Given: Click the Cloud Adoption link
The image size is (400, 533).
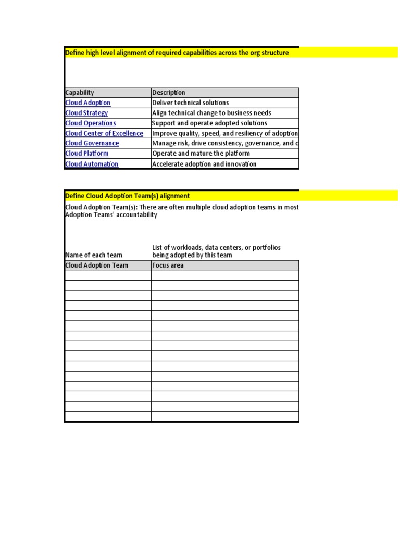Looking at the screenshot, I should pos(87,103).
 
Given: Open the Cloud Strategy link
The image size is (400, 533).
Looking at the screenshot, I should pos(86,113).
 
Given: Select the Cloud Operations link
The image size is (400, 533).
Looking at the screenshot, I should pos(91,123).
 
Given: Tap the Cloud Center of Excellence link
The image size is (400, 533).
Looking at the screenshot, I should pos(104,133).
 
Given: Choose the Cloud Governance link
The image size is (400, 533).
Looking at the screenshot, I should pos(92,143).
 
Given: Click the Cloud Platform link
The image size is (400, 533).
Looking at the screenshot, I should pos(87,154).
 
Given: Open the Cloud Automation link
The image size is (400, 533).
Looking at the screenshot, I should pos(92,164).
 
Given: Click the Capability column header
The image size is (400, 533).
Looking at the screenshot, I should pos(80,93).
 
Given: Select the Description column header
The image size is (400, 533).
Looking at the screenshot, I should pos(169,93).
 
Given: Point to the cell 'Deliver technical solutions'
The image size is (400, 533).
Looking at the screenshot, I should pos(190,103).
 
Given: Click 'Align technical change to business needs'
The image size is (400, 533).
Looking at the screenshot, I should pos(211,113).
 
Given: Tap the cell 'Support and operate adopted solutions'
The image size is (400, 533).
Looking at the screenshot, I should pos(209,123).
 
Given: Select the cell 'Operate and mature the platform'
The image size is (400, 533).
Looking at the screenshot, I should pos(201,154).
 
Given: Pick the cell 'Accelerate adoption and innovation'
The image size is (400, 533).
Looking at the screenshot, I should pos(204,164).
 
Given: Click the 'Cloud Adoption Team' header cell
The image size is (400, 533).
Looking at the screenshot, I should pos(96,265).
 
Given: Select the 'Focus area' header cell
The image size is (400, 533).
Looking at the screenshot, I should pos(168,265).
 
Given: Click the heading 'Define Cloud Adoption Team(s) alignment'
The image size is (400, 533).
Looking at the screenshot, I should pos(128,196).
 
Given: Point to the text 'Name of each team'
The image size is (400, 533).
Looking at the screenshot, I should pos(94,255).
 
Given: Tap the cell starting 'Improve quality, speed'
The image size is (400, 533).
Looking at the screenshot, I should pos(225,133).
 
